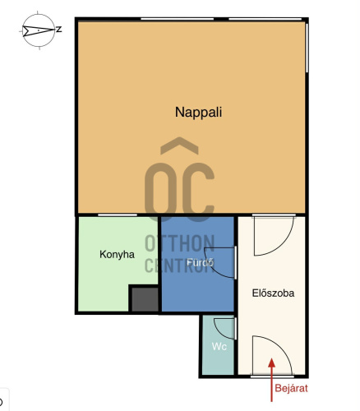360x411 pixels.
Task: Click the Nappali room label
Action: pos(198,113)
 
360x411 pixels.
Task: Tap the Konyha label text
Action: pos(117,255)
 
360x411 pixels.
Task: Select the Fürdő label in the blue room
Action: pos(200,262)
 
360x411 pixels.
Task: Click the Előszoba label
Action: pos(273,293)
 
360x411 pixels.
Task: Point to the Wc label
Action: pos(219,347)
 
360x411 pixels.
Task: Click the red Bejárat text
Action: pos(291,388)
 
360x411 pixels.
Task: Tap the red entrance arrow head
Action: pos(271,363)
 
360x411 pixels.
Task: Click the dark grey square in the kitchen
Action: pos(145,299)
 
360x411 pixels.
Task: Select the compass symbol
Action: pos(39,30)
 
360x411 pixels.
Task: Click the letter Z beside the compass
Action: pos(58,30)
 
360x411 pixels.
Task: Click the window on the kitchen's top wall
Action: pos(118,215)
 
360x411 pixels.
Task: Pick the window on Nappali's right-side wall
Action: pos(307,48)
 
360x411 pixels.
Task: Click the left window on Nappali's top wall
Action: pos(177,19)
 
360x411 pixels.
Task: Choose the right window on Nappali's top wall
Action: pos(265,19)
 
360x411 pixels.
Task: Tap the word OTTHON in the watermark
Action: pos(179,243)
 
